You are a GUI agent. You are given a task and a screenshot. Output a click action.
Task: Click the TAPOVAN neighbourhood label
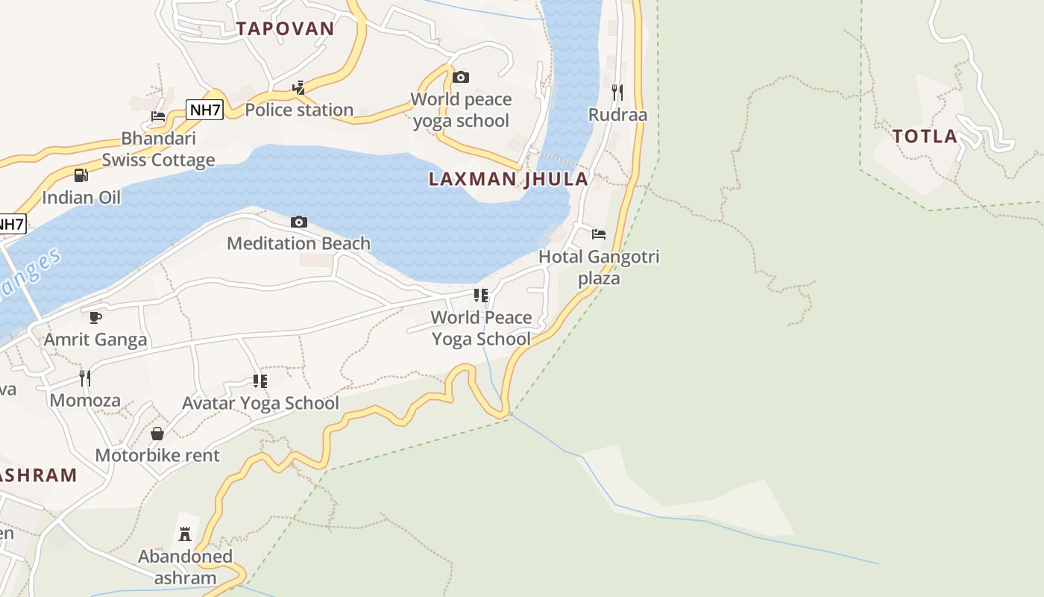[x=285, y=29]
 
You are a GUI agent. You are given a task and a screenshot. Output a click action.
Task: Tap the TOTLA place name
[x=925, y=137]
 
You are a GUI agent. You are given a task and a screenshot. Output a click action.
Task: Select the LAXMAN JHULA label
[x=508, y=179]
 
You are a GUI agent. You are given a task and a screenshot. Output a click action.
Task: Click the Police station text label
[x=299, y=110]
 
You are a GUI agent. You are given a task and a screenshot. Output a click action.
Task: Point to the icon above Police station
[x=299, y=88]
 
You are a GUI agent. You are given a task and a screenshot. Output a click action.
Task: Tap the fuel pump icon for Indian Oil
[x=81, y=175]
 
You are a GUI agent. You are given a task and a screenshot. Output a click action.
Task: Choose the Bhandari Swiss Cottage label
[x=158, y=149]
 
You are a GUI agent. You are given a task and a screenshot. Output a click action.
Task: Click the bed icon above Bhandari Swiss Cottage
[x=158, y=116]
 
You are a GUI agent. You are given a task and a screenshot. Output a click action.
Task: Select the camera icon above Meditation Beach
[x=299, y=222]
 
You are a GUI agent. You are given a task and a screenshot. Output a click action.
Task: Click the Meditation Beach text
[x=298, y=243]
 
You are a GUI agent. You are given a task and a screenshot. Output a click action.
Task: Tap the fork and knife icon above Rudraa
[x=617, y=92]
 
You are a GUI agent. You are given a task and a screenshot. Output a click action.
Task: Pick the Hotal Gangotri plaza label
[x=600, y=268]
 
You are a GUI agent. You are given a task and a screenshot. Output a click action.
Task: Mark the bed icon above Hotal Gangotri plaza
[x=598, y=234]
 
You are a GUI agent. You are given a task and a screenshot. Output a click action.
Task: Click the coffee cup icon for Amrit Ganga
[x=95, y=317]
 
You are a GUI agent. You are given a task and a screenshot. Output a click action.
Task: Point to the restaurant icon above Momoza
[x=85, y=378]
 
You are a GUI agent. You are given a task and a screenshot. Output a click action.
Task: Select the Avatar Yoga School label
[x=260, y=404]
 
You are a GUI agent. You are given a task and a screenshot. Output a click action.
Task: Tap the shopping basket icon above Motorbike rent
[x=157, y=434]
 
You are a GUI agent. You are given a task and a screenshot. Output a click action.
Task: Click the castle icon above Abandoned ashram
[x=185, y=534]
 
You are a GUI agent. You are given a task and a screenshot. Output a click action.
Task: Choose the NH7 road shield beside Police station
[x=204, y=110]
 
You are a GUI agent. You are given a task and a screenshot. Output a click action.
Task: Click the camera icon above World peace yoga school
[x=461, y=77]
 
